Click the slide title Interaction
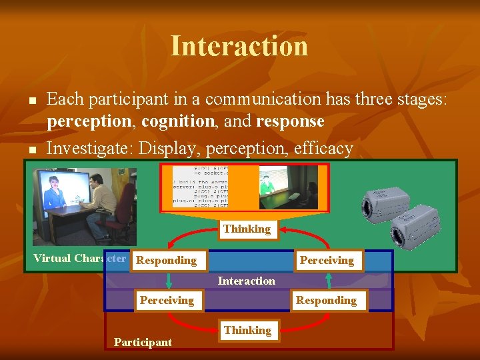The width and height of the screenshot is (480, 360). pos(239,46)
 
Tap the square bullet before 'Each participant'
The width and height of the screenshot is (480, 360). pos(31,101)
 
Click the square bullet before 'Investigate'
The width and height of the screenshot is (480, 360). pos(31,150)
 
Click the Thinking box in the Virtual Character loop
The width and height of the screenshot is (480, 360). pos(247,229)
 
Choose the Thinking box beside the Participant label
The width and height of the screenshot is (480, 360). pos(247,330)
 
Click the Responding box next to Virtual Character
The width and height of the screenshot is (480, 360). pos(167,260)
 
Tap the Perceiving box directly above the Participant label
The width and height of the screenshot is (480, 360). pos(167,300)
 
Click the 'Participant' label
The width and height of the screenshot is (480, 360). pos(143,342)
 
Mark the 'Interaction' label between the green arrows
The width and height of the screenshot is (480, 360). pos(246,281)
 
